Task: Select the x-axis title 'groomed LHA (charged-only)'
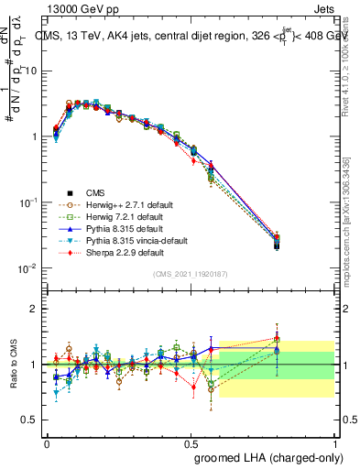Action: coord(271,457)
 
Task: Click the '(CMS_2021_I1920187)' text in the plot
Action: coord(191,275)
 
